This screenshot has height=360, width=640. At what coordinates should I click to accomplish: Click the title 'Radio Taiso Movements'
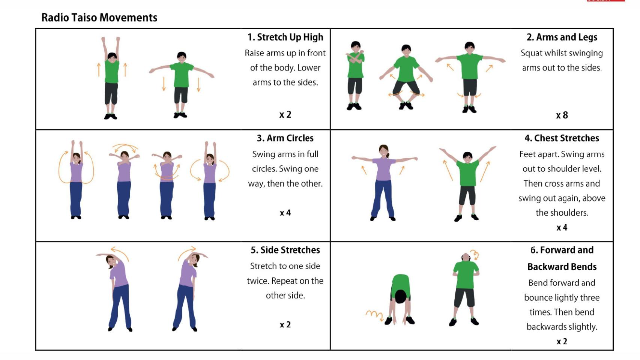[x=99, y=18]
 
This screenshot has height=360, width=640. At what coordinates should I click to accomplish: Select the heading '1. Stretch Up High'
[x=285, y=37]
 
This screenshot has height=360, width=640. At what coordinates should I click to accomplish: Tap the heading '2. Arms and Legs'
[x=562, y=37]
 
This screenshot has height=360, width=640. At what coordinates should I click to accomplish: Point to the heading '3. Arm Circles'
[x=285, y=138]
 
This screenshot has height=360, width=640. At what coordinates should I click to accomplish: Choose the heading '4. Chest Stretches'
[x=562, y=138]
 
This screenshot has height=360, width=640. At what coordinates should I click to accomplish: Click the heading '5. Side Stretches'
[x=285, y=250]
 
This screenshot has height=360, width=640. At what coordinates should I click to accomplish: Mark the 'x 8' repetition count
[x=562, y=115]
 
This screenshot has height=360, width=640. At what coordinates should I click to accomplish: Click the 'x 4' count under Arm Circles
[x=285, y=213]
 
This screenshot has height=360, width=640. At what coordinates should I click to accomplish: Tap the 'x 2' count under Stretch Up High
[x=285, y=115]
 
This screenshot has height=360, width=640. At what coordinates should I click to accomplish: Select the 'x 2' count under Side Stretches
[x=285, y=325]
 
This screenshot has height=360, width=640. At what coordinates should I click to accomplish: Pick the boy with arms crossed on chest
[x=355, y=76]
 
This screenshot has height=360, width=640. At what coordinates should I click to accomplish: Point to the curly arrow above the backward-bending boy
[x=475, y=255]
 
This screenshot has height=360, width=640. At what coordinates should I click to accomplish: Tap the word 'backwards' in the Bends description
[x=547, y=327]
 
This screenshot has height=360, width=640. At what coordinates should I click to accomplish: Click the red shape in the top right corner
[x=606, y=1]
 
